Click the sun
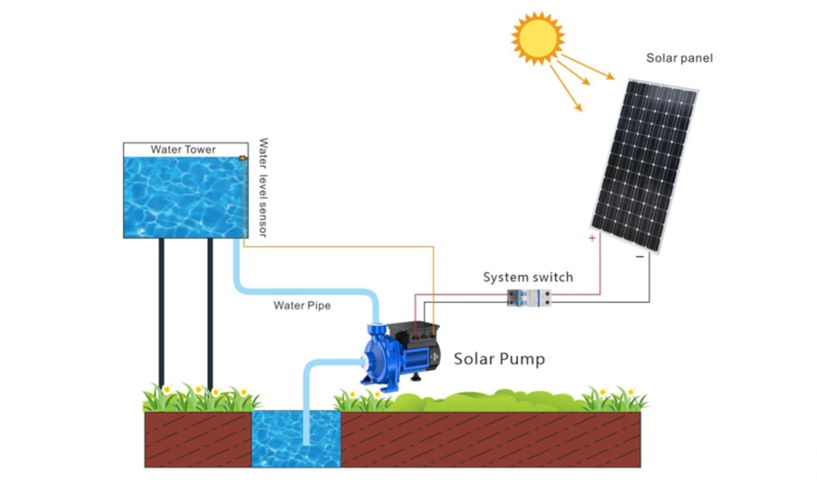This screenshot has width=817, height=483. [x=538, y=38]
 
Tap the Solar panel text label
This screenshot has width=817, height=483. [x=679, y=58]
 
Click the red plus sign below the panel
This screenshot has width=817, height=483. [x=592, y=239]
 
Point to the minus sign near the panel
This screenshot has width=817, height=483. [x=639, y=257]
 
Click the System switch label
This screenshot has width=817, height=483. [x=528, y=277]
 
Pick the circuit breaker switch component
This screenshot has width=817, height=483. [x=528, y=297]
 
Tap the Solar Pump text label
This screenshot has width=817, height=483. [x=499, y=360]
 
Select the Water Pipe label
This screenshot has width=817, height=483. [x=302, y=306]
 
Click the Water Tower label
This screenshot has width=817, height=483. [x=183, y=150]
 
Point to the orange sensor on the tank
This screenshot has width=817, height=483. [x=243, y=158]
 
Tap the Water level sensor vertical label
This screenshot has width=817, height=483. [x=263, y=188]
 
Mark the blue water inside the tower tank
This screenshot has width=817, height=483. [x=179, y=196]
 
